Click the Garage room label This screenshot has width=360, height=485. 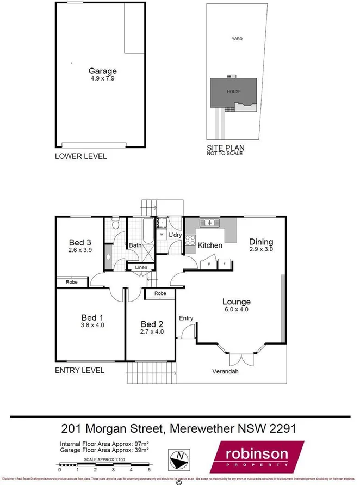[x=103, y=71]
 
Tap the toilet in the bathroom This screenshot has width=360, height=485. [x=115, y=224]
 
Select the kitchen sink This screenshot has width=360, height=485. [x=209, y=223]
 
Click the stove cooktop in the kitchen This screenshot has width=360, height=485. [x=190, y=241]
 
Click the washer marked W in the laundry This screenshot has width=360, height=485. [x=162, y=234]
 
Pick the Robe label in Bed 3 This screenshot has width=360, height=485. [x=72, y=282]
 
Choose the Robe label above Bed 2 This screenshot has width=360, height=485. [x=160, y=293]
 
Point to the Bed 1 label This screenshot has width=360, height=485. [x=92, y=317]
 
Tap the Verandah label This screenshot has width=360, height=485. [x=225, y=372]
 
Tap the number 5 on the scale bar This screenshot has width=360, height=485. [x=148, y=469]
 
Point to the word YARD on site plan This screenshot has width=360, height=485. [x=237, y=39]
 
